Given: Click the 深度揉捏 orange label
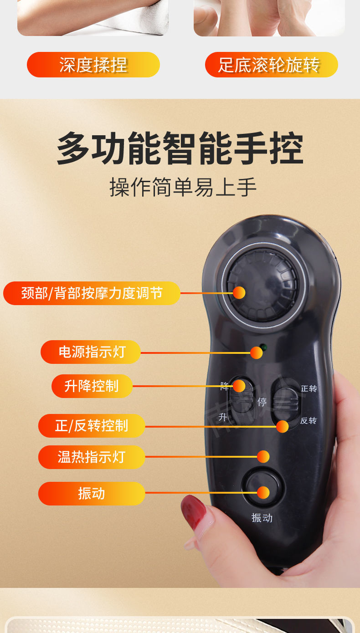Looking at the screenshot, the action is (93, 65).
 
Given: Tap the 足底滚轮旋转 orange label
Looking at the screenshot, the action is (271, 65).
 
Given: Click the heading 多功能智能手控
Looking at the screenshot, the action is (180, 148).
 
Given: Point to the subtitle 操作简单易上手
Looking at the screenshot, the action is (183, 187).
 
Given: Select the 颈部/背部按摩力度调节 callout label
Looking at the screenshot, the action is (92, 293).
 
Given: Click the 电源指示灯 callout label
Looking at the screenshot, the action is (91, 352).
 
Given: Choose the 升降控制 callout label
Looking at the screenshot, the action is (92, 386).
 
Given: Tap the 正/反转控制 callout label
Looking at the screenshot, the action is (92, 426).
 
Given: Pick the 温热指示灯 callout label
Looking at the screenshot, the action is (92, 457).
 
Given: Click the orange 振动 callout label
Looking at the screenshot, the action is (92, 493).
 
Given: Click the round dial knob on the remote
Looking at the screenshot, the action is (263, 285).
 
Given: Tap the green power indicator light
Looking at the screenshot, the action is (263, 347).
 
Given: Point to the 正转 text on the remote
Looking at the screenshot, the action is (309, 388).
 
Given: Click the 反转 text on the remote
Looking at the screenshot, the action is (308, 420).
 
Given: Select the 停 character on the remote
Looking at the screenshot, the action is (262, 402).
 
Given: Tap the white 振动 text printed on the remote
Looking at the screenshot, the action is (262, 518).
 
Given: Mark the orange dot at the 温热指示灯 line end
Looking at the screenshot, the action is (263, 457).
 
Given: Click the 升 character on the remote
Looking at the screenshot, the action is (223, 417).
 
